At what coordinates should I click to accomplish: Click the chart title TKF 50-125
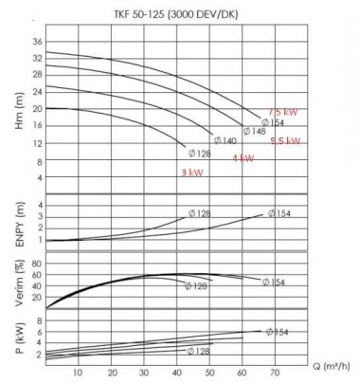[178, 12]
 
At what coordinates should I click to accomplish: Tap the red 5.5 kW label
[285, 141]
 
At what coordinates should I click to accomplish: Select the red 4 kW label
[243, 158]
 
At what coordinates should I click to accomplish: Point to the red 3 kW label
[192, 173]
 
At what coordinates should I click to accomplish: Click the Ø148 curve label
[255, 132]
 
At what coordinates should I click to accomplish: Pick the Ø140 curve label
[225, 141]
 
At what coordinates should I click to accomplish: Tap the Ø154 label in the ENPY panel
[279, 213]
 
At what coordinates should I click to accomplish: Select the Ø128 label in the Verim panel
[195, 285]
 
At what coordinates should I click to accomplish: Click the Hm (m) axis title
[14, 106]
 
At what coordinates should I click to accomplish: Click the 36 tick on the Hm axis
[37, 43]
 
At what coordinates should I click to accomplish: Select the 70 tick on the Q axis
[276, 372]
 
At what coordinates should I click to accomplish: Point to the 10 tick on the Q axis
[79, 372]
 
